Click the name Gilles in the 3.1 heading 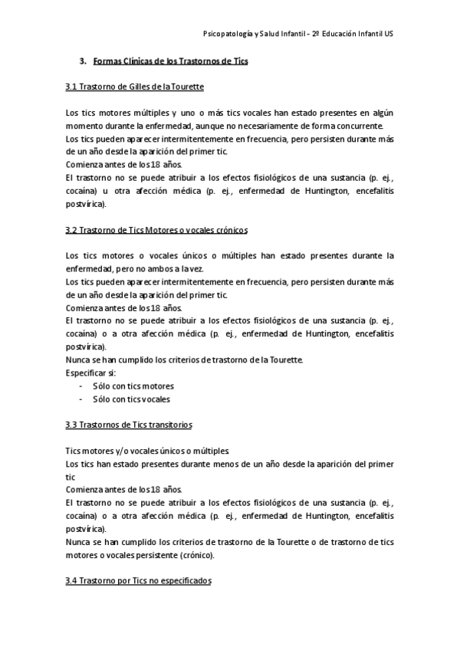coord(143,87)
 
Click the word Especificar coord(87,373)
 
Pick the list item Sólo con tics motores coord(133,386)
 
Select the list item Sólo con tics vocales coord(131,399)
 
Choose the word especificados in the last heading coord(182,582)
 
